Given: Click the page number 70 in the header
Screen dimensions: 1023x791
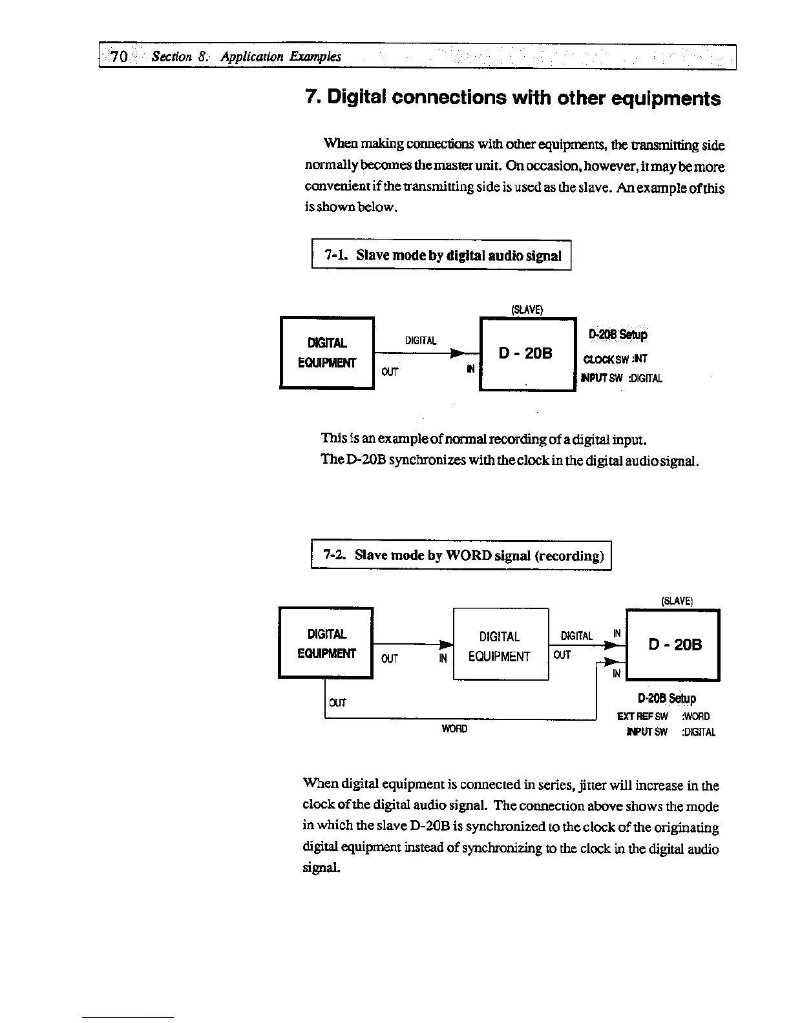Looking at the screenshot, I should (119, 56).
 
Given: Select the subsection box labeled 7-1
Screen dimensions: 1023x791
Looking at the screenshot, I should (441, 255).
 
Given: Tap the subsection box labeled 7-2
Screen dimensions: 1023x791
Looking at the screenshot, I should (461, 555).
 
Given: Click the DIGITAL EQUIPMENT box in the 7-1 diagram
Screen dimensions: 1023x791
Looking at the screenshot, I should (327, 353).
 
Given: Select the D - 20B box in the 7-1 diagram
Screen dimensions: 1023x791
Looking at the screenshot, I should (527, 354).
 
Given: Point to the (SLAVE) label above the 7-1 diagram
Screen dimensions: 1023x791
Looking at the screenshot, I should (527, 309).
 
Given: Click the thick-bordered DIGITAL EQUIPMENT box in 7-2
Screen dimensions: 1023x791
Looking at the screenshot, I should (326, 643).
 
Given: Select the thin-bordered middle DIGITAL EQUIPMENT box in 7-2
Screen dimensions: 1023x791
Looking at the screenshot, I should (500, 645).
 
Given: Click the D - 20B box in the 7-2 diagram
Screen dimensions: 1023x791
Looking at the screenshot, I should (673, 645).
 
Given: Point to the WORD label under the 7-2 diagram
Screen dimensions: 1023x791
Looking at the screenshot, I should (454, 728).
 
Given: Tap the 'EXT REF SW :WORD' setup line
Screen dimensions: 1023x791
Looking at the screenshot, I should (663, 716).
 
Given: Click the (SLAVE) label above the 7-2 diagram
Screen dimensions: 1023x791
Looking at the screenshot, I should (677, 601).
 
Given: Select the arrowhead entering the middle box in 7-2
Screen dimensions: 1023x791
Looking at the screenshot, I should (445, 645).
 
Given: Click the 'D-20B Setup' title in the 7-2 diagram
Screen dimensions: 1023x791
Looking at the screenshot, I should (666, 698).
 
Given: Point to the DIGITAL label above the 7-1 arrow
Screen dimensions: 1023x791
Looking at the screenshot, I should (420, 340).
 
